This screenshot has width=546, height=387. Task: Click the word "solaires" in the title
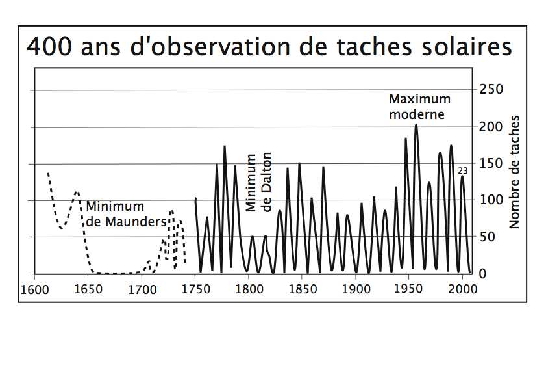point(467,47)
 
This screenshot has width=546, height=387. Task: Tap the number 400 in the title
point(49,47)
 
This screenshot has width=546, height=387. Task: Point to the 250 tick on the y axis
point(491,89)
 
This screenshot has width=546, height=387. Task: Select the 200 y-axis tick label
point(491,127)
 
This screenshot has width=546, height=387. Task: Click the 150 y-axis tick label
point(491,163)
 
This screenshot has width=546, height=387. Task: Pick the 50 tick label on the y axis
point(487,237)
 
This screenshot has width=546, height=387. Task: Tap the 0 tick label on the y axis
point(482,274)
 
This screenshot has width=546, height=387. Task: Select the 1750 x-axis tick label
point(195,289)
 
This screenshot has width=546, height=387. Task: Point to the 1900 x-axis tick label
point(356,289)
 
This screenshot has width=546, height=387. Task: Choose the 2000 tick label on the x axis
point(463,289)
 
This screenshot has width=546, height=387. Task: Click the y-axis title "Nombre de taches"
point(514,172)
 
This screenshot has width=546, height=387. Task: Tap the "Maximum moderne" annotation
point(419,107)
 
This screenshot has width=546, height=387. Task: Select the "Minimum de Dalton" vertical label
point(258,182)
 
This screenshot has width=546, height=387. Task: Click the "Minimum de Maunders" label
point(126,214)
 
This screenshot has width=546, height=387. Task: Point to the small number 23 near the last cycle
point(463,171)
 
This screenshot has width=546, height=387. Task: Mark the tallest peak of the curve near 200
point(416,125)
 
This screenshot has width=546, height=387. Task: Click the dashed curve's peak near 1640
point(77,192)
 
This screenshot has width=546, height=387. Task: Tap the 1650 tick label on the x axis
point(88,290)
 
